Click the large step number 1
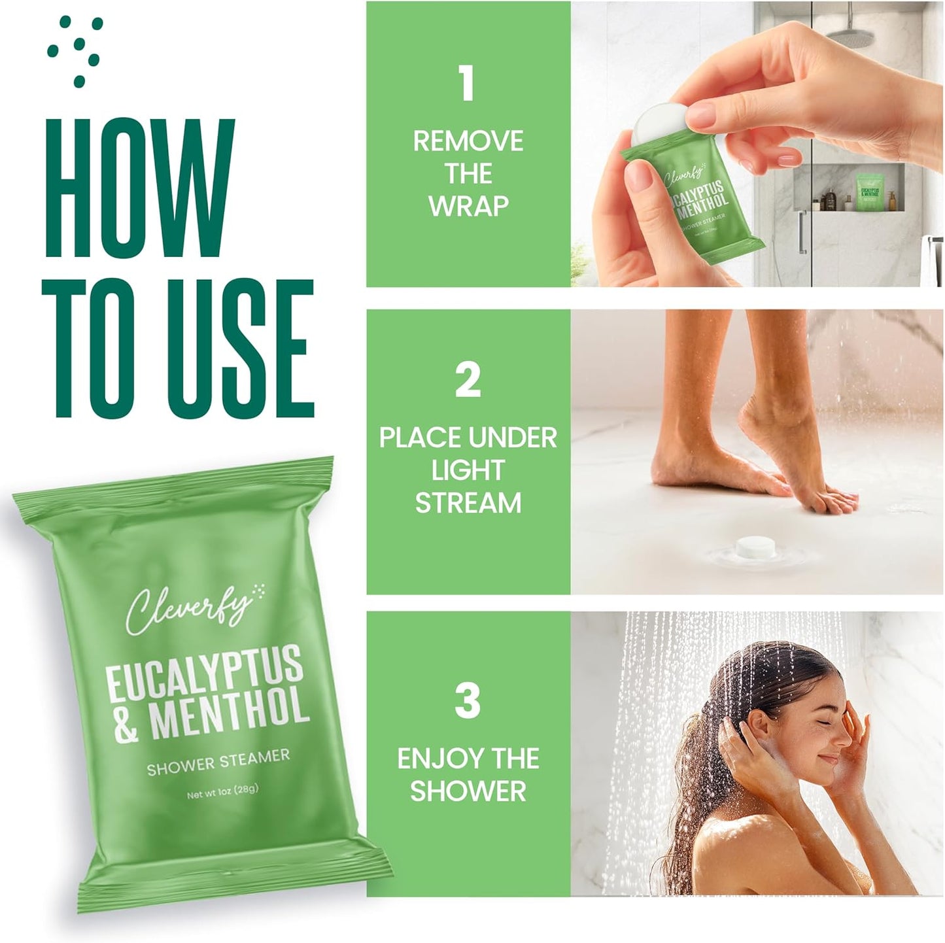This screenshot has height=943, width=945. coord(467,83)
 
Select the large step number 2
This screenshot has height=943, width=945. coord(468,381)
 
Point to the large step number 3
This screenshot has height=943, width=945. coord(468,701)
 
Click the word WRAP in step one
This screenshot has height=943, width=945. coord(468,205)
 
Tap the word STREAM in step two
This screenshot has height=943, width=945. coord(468,503)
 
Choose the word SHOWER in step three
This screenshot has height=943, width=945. coord(468,791)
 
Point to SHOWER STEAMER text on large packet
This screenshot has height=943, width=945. coord(218,763)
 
